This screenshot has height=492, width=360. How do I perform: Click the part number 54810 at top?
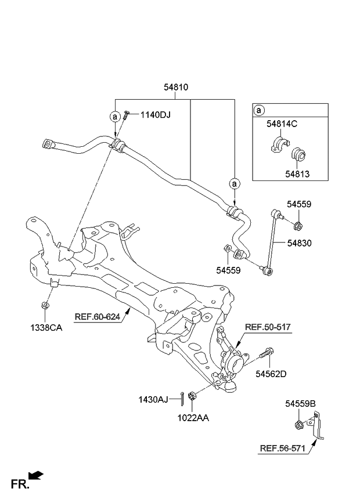click(x=175, y=87)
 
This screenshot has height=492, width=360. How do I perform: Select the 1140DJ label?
click(x=155, y=115)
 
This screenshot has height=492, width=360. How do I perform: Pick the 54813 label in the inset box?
click(x=297, y=174)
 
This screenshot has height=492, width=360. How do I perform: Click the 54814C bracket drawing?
click(x=279, y=145)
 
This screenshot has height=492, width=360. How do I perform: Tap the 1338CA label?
click(x=46, y=327)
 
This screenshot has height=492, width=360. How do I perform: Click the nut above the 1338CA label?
click(x=45, y=306)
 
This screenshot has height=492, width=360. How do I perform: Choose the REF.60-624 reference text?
click(x=98, y=316)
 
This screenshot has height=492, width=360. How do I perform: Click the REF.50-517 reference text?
click(x=268, y=328)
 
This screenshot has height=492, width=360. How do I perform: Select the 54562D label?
click(x=271, y=374)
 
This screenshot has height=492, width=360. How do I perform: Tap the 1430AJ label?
click(x=153, y=399)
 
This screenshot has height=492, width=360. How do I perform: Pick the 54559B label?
click(x=300, y=403)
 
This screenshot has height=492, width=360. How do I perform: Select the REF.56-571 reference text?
click(x=282, y=447)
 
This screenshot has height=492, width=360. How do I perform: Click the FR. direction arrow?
click(x=36, y=476)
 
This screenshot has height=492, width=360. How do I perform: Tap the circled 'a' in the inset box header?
click(x=260, y=110)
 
